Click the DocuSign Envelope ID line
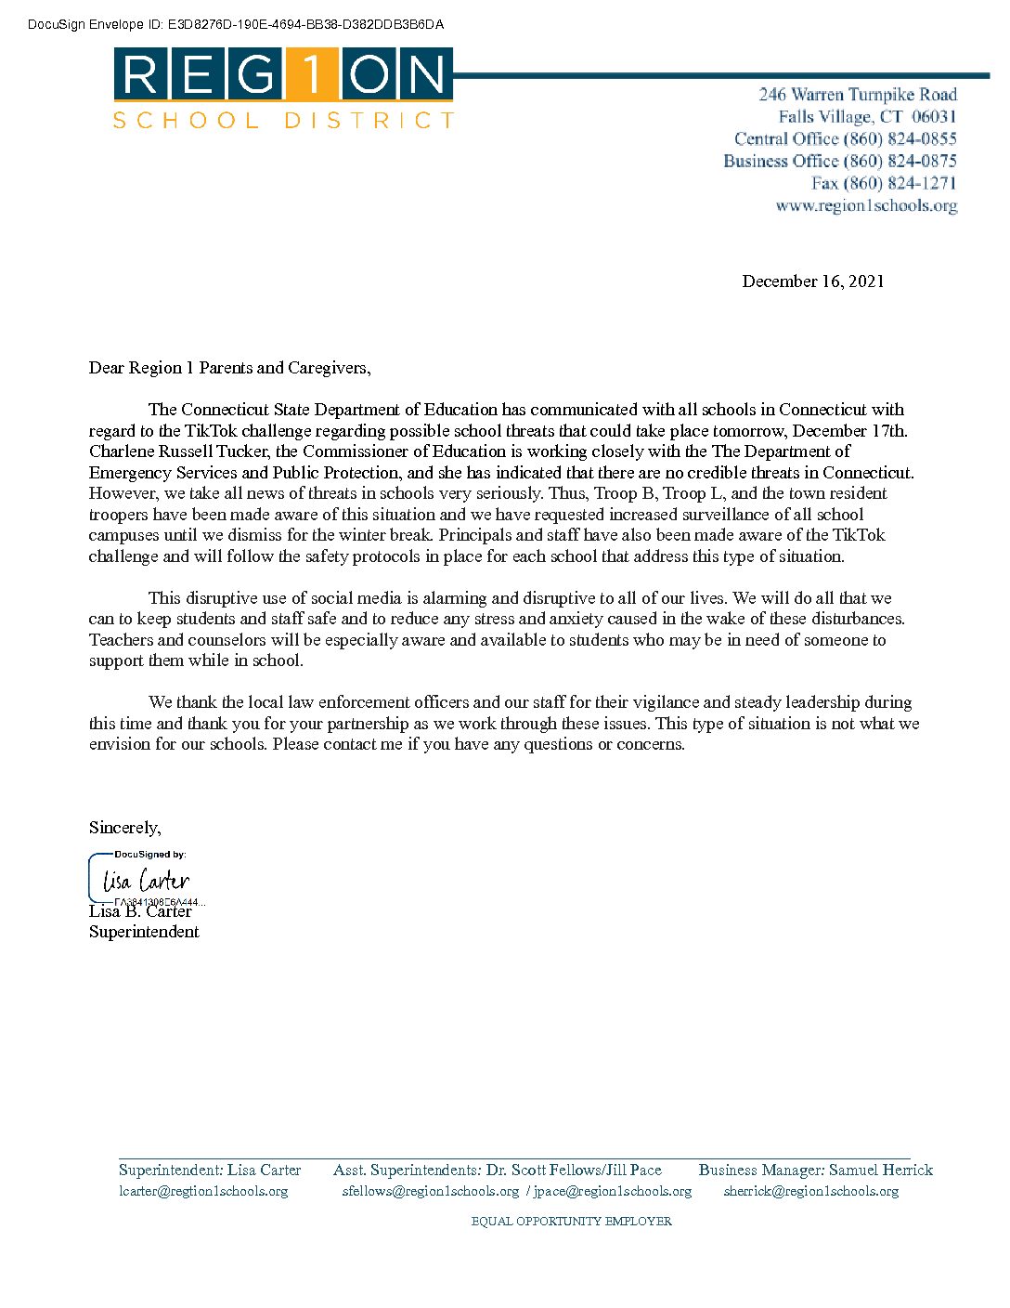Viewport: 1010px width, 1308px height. [x=236, y=25]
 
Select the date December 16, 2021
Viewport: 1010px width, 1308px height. [x=812, y=281]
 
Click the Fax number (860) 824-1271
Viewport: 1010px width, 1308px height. [x=883, y=183]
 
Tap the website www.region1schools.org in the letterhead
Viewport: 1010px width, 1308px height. [x=866, y=205]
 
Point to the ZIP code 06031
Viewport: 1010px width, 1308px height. [x=933, y=116]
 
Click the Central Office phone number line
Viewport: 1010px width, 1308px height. [x=845, y=138]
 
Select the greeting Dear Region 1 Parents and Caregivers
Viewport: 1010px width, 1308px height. [x=229, y=368]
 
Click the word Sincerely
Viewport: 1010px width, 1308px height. [x=124, y=828]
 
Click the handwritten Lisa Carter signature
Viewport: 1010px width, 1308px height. [x=146, y=880]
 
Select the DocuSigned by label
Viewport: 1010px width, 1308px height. [x=149, y=854]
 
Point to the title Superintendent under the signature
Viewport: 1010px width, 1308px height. [x=144, y=932]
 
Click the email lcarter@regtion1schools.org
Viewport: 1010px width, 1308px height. [x=203, y=1191]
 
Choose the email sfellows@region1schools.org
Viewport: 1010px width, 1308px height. [x=430, y=1191]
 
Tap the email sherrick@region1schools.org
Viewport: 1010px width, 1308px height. [x=810, y=1191]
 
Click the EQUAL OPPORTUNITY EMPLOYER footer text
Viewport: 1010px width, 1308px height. [x=571, y=1221]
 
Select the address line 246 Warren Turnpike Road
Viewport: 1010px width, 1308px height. [x=857, y=94]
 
